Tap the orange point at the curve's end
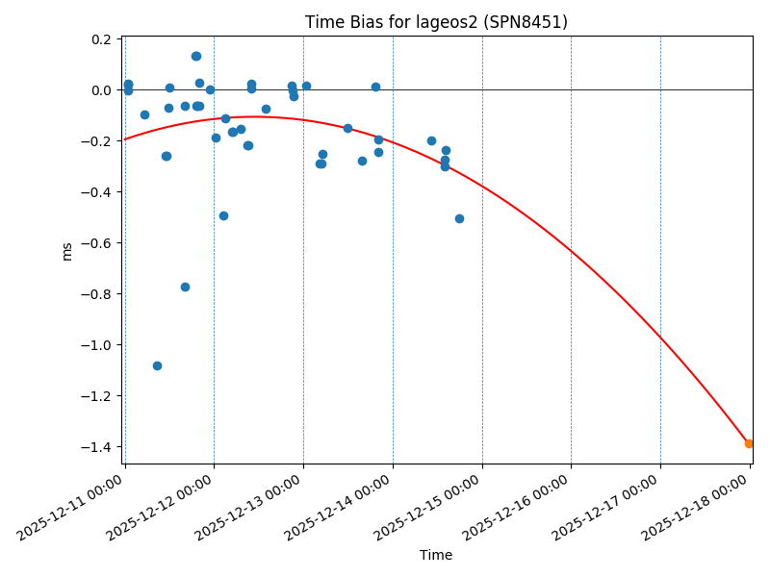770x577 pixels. click(749, 443)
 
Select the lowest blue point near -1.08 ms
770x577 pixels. click(157, 365)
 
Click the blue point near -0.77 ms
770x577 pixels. click(185, 287)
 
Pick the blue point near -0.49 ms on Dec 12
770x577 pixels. click(223, 215)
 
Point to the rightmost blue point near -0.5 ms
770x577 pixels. click(459, 218)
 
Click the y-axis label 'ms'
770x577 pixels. click(67, 250)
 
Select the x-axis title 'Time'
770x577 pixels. click(436, 555)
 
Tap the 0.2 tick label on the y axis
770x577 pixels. click(101, 39)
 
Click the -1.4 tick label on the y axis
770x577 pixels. click(97, 447)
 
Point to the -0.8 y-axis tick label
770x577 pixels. click(97, 294)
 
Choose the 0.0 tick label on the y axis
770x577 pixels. click(101, 90)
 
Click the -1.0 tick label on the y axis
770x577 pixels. click(97, 345)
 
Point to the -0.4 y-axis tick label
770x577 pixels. click(97, 192)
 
